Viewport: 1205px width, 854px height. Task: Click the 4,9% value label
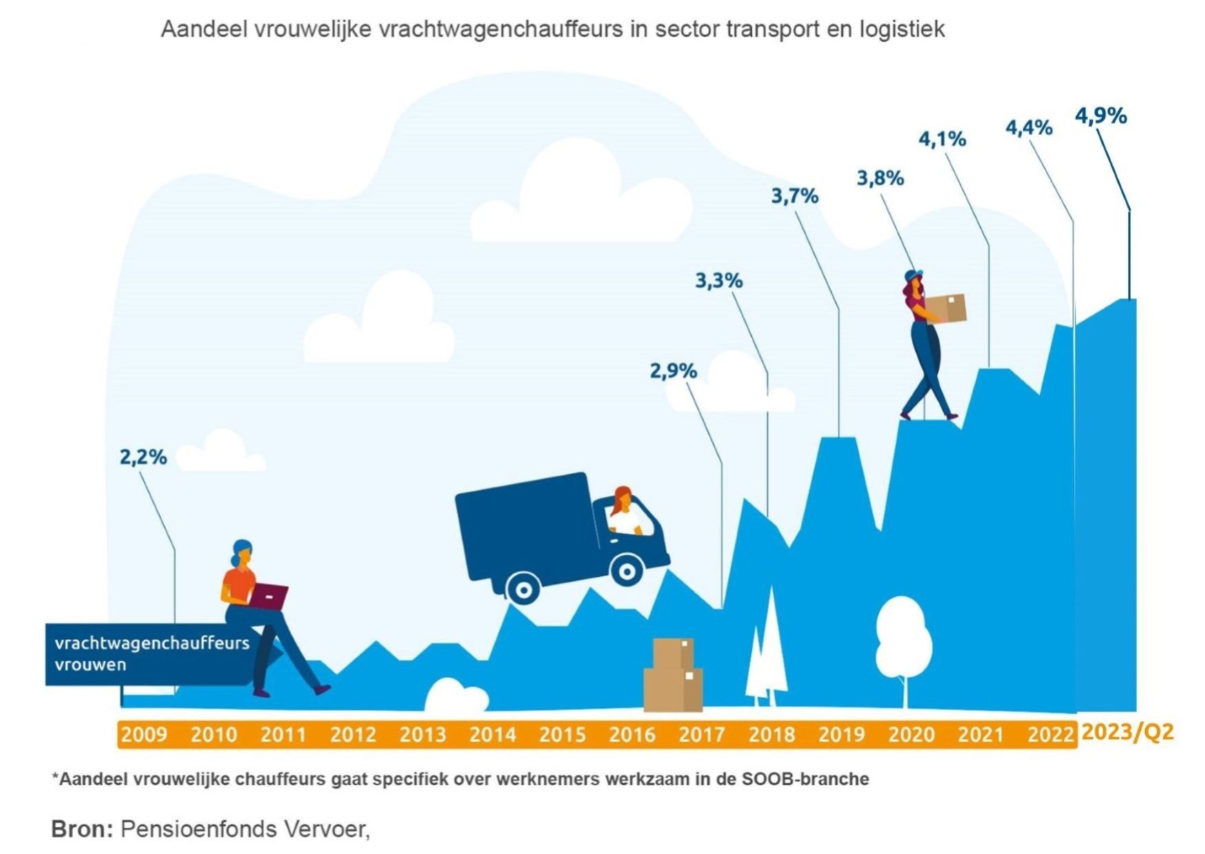[x=1101, y=116]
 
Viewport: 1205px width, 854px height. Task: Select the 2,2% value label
[x=143, y=457]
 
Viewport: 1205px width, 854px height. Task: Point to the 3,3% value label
[x=719, y=281]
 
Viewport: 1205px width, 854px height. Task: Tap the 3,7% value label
[x=795, y=196]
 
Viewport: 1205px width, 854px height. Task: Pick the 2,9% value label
[x=673, y=372]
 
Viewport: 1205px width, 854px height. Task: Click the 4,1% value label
[x=942, y=139]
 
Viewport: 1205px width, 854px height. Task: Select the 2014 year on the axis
[x=492, y=734]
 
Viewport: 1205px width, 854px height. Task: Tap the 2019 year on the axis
[x=841, y=734]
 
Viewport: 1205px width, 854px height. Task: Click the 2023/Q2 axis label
[x=1127, y=732]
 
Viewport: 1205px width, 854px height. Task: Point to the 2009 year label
[x=144, y=734]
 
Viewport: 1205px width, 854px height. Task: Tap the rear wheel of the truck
[x=524, y=590]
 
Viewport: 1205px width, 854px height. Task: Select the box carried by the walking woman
[x=946, y=308]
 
